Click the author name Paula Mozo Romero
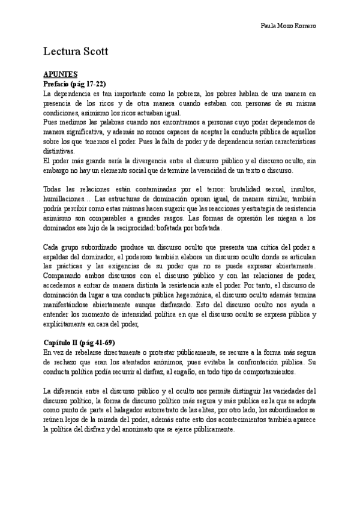290,26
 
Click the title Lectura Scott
76,52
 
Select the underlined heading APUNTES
61,73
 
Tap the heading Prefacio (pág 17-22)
75,83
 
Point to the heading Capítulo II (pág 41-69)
83,342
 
